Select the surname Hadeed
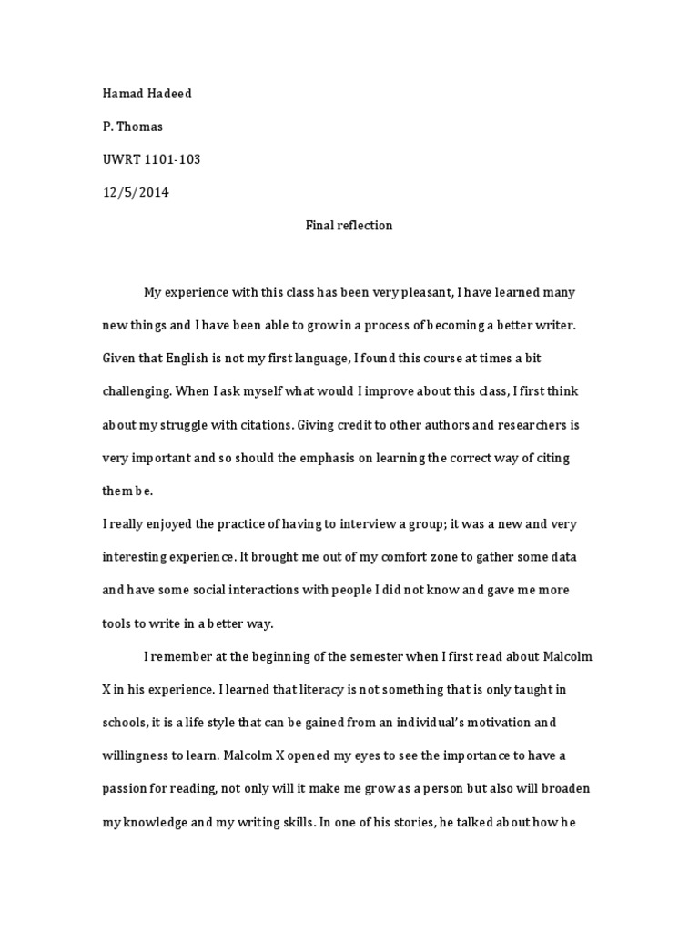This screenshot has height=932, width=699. coord(170,94)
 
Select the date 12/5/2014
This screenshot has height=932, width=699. coord(136,192)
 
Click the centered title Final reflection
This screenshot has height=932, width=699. coord(349,225)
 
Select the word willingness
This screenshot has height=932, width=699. coord(137,755)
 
